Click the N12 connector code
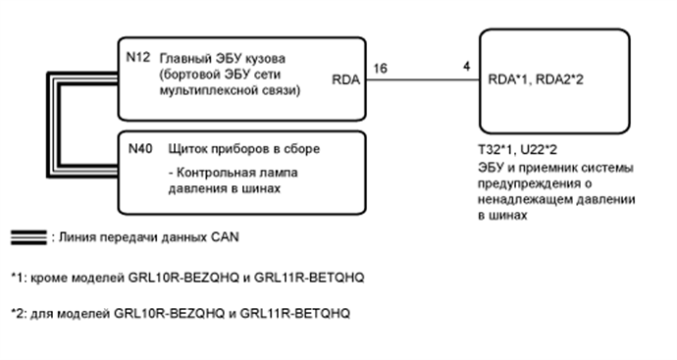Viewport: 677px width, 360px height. click(138, 56)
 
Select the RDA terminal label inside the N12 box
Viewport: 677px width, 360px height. click(346, 82)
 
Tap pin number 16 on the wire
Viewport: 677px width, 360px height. click(378, 68)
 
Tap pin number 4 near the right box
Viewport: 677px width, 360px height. click(469, 68)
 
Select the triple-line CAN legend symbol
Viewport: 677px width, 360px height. click(26, 237)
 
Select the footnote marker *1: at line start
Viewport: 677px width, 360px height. click(19, 278)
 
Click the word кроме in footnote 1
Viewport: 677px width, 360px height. click(55, 278)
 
